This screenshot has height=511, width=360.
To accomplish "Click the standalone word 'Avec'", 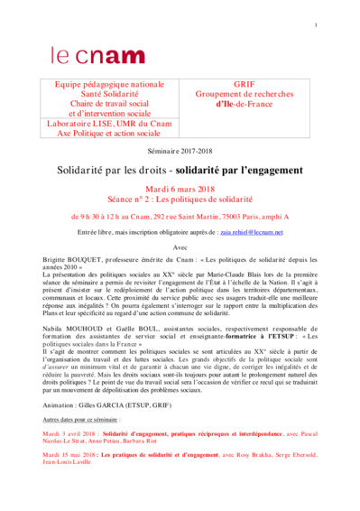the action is coord(180,246).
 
